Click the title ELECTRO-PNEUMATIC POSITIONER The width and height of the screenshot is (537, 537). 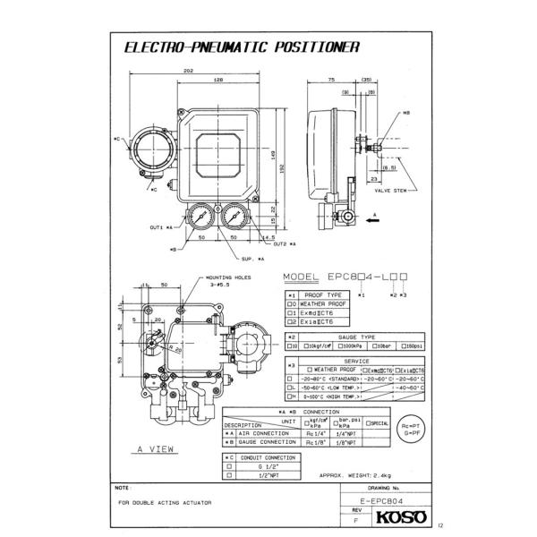coord(241,47)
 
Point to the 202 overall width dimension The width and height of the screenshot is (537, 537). coord(189,71)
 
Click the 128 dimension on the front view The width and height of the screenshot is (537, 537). coord(217,81)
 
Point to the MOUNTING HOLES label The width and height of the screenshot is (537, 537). coord(228,277)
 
